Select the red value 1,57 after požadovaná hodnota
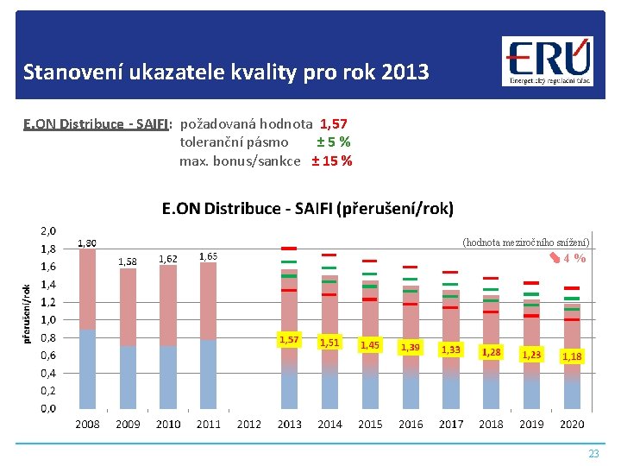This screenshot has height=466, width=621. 335,124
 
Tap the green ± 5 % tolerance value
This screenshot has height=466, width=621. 333,142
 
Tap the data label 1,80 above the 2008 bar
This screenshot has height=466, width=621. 87,243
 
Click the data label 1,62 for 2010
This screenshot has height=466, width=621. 168,258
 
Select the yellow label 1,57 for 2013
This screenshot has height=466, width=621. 289,339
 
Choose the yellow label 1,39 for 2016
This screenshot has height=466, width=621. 411,347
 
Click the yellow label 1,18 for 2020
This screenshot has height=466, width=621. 572,356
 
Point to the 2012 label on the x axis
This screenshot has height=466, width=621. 248,424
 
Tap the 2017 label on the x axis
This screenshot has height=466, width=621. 451,424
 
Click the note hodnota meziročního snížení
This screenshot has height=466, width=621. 526,242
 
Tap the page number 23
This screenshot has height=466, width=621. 593,453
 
